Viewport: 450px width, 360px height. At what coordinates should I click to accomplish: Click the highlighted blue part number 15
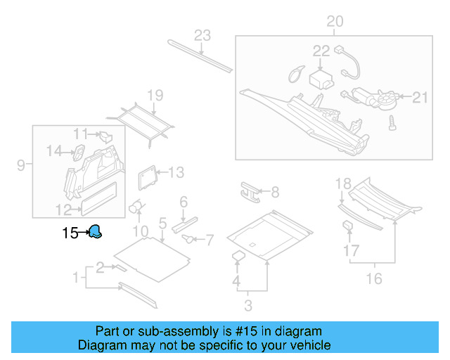[95, 232]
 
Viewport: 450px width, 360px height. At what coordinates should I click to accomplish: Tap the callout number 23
[202, 36]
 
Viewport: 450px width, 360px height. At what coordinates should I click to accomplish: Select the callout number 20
[335, 22]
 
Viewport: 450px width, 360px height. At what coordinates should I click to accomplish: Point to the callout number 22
[321, 51]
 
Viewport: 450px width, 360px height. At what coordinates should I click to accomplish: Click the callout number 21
[420, 97]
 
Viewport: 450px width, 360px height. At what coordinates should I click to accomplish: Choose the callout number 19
[155, 95]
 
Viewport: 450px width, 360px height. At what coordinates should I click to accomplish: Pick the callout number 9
[21, 165]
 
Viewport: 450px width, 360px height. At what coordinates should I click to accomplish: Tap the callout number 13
[176, 172]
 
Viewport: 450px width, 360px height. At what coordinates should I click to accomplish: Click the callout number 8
[274, 191]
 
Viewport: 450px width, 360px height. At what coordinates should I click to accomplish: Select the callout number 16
[374, 279]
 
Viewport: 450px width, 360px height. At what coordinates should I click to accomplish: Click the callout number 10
[141, 231]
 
